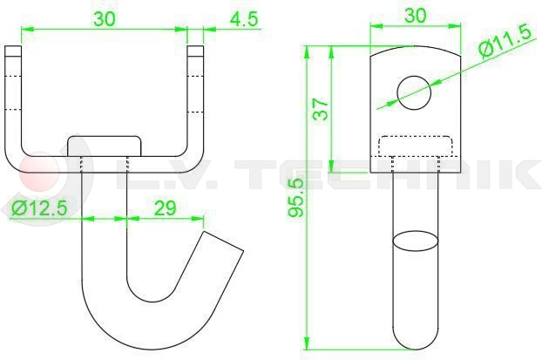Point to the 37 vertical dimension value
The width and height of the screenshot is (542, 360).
click(x=321, y=109)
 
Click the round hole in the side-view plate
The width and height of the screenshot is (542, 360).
click(x=414, y=92)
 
